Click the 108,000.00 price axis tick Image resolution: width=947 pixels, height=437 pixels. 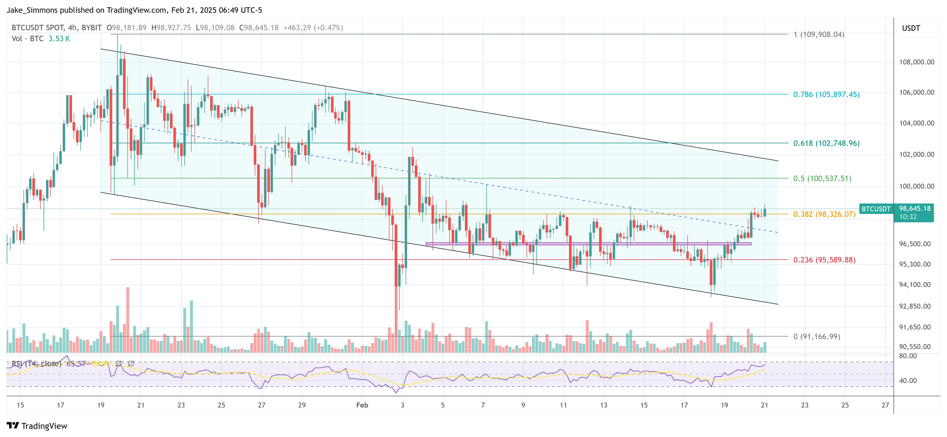point(916,62)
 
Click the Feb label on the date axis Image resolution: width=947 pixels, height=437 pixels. point(362,405)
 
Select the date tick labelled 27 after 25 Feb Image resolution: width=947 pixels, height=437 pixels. point(885,405)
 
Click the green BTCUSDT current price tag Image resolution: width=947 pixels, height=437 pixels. point(876,209)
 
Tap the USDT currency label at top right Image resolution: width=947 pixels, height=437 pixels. point(911,28)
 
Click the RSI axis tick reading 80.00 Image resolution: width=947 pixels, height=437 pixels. point(908,356)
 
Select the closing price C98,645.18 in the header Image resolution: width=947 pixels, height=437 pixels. point(259,28)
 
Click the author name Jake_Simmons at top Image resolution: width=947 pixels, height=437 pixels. point(32,10)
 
